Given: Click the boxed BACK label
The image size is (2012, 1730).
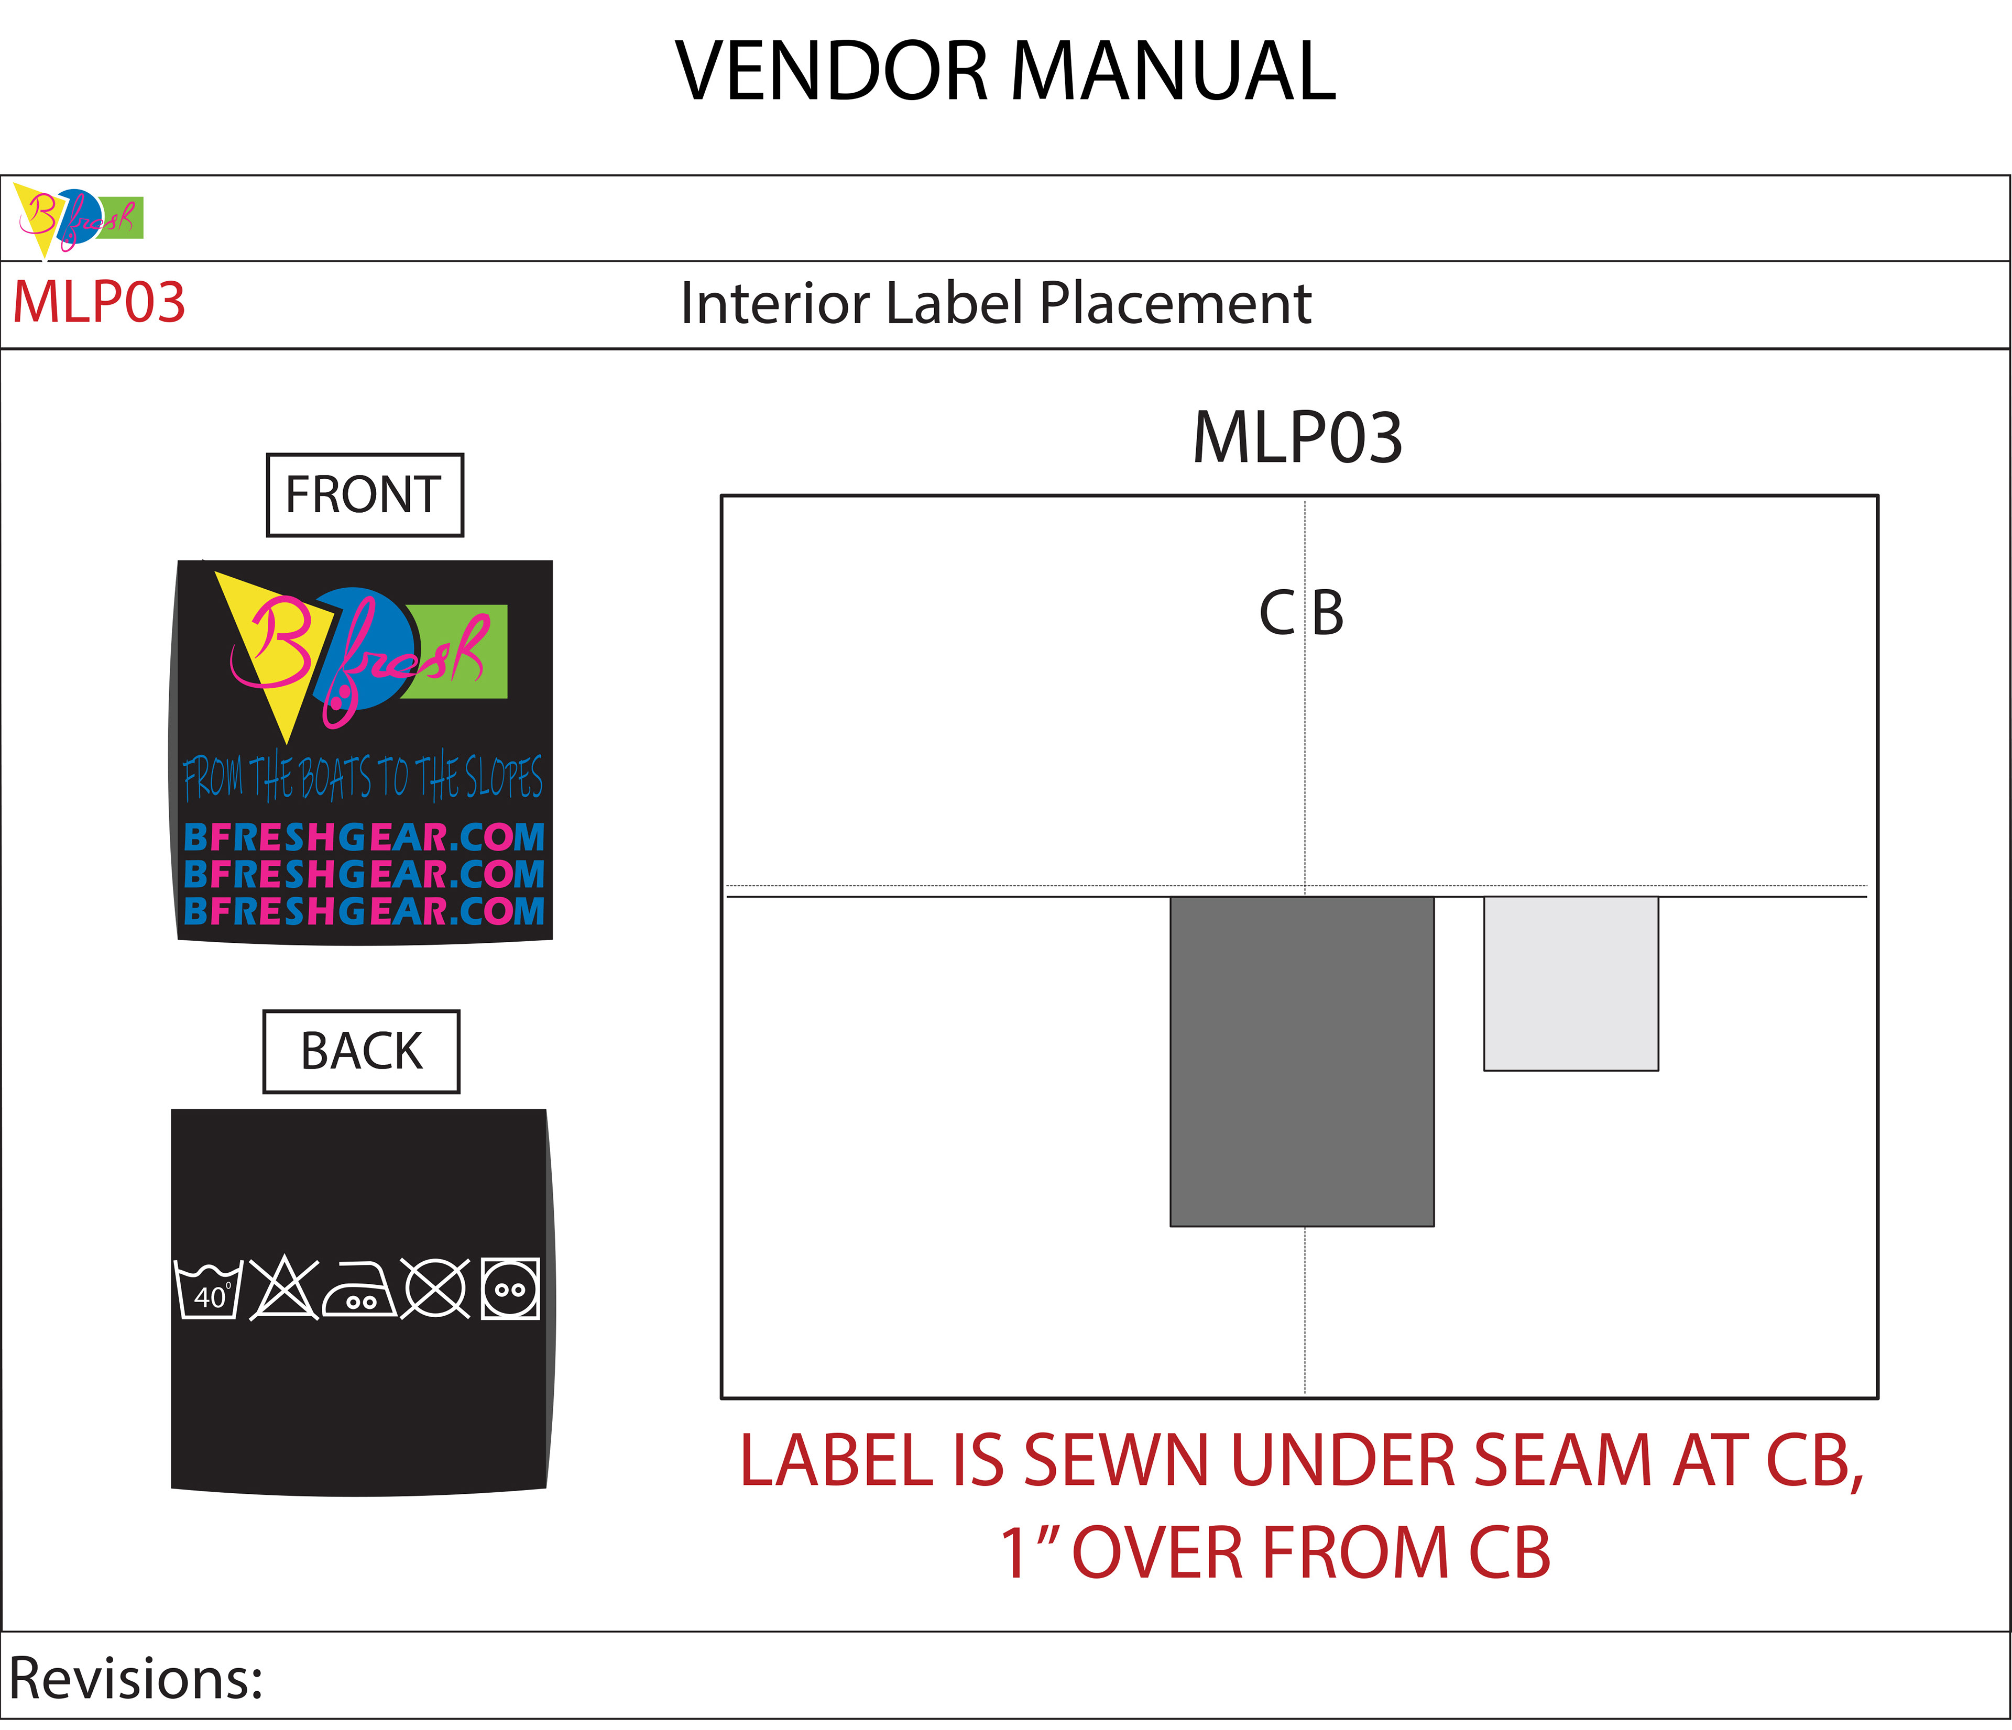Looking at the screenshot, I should click(x=361, y=1051).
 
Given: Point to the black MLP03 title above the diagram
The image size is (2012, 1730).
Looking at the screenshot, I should click(x=1297, y=438).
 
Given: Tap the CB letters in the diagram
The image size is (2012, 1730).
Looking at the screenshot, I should click(x=1301, y=613).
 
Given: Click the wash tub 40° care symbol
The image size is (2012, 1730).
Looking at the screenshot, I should click(x=208, y=1289).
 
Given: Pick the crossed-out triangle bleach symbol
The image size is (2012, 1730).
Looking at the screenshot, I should click(x=283, y=1288).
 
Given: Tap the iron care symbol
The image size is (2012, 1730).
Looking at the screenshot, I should click(x=359, y=1289).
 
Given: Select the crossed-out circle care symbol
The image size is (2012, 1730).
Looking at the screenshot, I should click(x=436, y=1288).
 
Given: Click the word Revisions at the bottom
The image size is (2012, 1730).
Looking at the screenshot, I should click(x=136, y=1679).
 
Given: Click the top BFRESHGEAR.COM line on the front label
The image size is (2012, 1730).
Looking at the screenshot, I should click(x=364, y=837).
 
